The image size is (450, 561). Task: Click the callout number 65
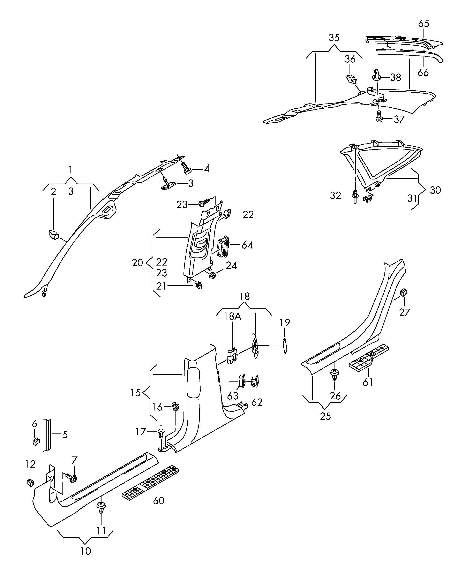424,24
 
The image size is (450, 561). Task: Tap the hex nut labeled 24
212,275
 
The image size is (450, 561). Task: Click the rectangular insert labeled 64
223,246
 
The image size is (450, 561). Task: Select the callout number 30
435,190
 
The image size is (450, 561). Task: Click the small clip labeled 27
403,292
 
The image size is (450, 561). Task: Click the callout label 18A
233,316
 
